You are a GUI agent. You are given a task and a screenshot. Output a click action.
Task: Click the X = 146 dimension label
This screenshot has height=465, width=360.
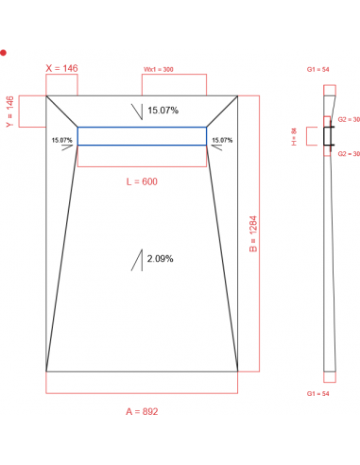click(62, 69)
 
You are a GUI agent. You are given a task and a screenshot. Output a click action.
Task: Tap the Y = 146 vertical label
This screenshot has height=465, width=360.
click(9, 112)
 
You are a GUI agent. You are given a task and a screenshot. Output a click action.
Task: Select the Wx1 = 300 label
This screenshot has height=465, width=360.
click(159, 70)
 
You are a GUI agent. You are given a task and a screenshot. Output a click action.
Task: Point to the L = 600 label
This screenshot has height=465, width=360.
click(143, 181)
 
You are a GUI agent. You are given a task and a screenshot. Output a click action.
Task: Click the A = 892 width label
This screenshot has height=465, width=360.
click(143, 411)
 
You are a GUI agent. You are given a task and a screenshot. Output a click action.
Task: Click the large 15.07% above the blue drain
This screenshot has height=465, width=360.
click(163, 111)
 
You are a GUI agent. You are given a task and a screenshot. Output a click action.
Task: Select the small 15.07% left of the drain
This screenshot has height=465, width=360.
click(62, 140)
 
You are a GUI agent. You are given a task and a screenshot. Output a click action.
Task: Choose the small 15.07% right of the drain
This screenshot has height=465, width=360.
click(222, 140)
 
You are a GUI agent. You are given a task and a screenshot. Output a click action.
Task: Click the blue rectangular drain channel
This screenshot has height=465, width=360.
click(142, 136)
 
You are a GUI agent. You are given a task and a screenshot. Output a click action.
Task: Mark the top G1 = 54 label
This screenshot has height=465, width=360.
click(317, 70)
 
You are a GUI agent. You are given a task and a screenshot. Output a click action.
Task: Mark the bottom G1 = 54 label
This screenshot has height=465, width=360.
click(317, 392)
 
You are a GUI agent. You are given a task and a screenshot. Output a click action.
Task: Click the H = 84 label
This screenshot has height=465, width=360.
click(294, 137)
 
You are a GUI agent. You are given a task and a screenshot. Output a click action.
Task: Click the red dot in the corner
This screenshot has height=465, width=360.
click(4, 53)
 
